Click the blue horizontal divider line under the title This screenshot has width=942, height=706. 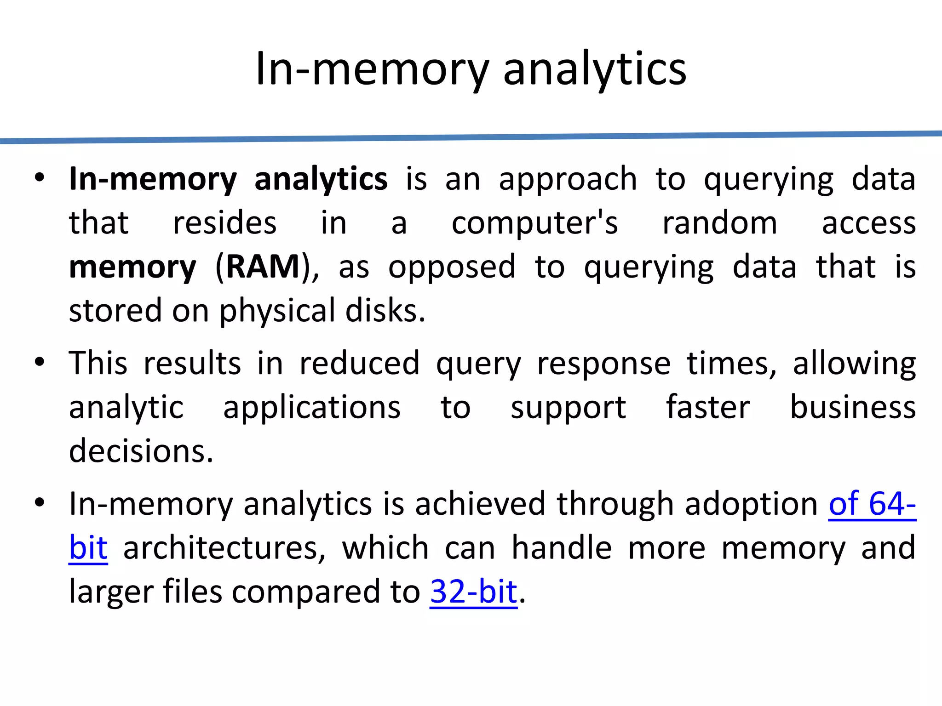click(x=471, y=137)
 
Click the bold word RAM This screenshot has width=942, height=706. click(x=263, y=267)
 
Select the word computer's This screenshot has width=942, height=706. click(x=534, y=223)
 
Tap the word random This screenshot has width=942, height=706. click(x=719, y=223)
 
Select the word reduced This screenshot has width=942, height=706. click(x=359, y=363)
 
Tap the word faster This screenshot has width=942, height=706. click(x=707, y=407)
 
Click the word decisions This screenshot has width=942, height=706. click(x=141, y=451)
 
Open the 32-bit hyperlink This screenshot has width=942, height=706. click(x=473, y=592)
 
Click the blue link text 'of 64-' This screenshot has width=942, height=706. click(x=872, y=504)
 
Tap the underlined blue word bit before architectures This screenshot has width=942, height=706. click(x=88, y=548)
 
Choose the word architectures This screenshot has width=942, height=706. click(x=224, y=548)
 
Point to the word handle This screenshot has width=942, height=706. click(x=562, y=548)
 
